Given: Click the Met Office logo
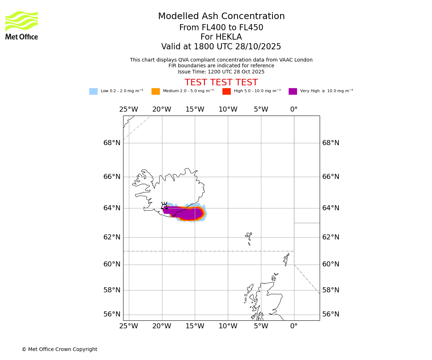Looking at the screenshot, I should [x=22, y=25].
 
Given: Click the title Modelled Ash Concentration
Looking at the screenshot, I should [x=221, y=17].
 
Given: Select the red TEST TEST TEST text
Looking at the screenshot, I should [x=221, y=82].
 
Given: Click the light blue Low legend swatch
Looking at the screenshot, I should [x=93, y=91].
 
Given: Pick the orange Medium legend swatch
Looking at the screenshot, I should [x=156, y=91].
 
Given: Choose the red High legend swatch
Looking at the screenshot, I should [x=226, y=91].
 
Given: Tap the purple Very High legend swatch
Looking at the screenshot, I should [x=293, y=91].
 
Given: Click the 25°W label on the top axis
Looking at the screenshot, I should [x=129, y=109].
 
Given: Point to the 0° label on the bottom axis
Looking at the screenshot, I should [x=294, y=326].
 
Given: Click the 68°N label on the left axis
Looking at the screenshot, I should [x=112, y=143].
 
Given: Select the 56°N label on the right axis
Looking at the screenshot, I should [x=330, y=314].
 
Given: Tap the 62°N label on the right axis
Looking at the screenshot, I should [x=330, y=237].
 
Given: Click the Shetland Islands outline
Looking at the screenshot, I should [x=287, y=259].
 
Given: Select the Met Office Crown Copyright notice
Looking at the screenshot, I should [x=59, y=349].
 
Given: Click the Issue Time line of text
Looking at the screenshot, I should [x=221, y=72].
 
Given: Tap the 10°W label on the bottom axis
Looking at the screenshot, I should [x=228, y=326].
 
